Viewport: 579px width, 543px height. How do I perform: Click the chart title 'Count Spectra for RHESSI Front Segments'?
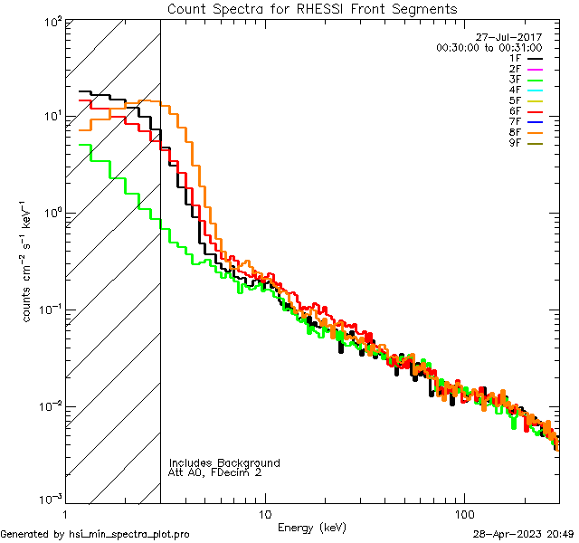pos(312,8)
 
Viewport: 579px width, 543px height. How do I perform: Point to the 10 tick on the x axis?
pos(264,514)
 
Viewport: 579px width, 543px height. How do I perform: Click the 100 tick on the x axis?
pos(464,514)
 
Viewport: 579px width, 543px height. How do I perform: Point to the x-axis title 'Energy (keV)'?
pos(311,528)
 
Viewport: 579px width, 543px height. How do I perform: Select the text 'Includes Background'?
pos(224,462)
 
